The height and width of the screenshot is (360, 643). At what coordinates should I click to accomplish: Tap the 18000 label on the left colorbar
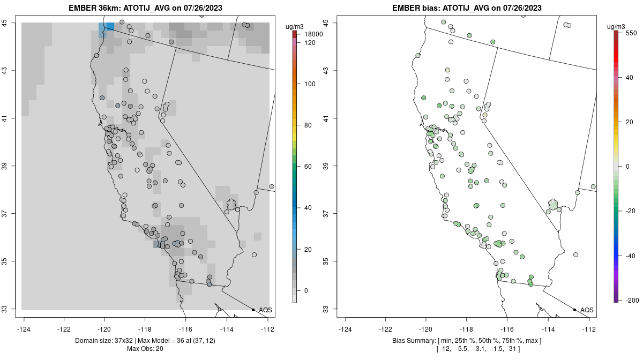pos(313,34)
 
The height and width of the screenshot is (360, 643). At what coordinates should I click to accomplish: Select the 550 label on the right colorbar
pos(631,33)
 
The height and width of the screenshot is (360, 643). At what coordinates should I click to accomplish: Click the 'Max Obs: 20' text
pos(145,349)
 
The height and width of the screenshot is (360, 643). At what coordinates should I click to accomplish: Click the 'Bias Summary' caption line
pos(467,341)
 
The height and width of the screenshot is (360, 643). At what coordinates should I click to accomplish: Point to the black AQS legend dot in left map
pos(253,310)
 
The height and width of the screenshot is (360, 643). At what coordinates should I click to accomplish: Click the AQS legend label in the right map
pos(587,310)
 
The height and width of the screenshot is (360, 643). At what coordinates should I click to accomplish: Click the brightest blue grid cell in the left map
pos(110,27)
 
